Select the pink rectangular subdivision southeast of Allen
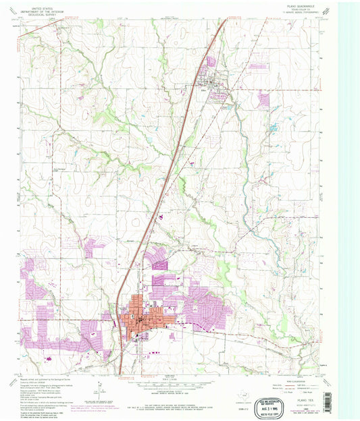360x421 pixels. click(263, 99)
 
